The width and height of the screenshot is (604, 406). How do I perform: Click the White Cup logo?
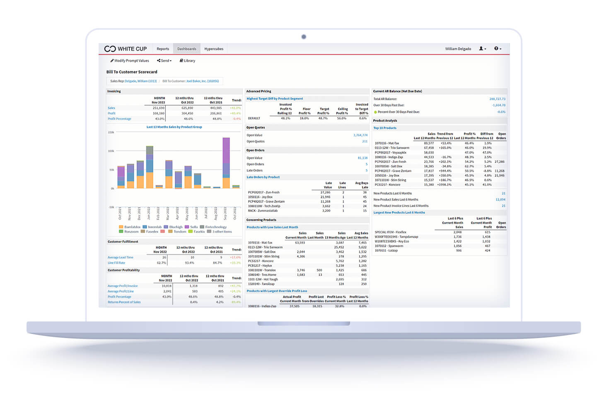point(126,49)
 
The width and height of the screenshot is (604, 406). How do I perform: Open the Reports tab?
point(163,49)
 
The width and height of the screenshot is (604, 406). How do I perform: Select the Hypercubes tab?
point(214,49)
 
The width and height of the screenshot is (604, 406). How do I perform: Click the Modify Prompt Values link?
point(130,60)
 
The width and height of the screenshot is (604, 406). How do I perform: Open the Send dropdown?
point(164,60)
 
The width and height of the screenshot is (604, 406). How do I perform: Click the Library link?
point(188,60)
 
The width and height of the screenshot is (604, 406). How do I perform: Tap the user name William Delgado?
point(458,49)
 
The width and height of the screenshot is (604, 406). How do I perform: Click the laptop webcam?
point(304,37)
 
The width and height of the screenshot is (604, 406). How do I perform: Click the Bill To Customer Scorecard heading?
point(132,72)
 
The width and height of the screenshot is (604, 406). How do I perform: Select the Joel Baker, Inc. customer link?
point(203,81)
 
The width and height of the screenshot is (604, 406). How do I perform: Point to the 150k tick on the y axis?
point(111,133)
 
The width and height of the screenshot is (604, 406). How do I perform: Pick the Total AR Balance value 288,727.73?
point(497,99)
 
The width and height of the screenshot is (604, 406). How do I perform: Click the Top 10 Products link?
point(385,128)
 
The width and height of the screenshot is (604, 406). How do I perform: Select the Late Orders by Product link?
point(263,177)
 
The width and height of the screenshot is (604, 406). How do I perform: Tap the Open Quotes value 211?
point(365,142)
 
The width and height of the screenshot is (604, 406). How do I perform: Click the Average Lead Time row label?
point(121,257)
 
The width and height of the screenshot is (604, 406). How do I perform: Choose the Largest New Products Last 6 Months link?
point(399,213)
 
